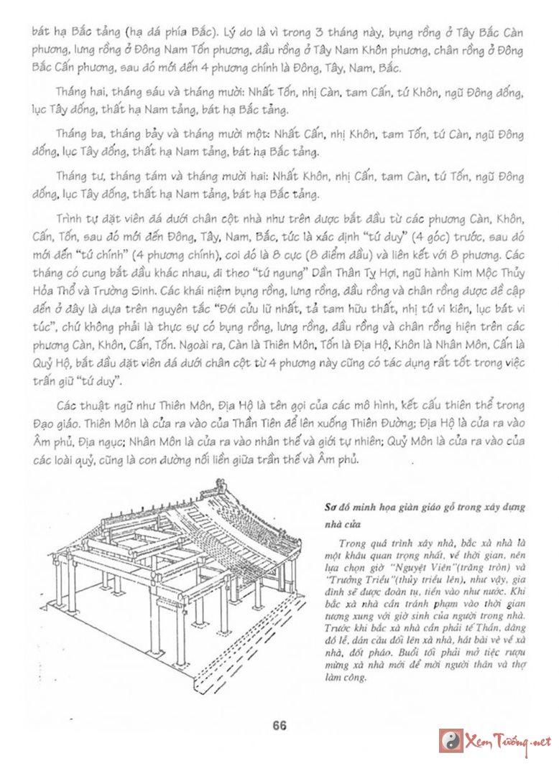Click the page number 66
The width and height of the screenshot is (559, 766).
(279, 726)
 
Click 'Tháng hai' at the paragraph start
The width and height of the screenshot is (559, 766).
(76, 93)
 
